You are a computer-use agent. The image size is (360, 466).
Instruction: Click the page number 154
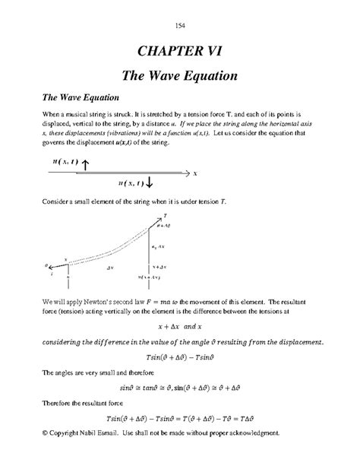click(180, 27)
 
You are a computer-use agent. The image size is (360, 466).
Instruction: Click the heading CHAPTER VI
click(180, 52)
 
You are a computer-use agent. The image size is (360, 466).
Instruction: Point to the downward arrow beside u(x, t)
click(149, 182)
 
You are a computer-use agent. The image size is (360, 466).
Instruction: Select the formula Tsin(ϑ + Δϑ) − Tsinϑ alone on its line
click(180, 356)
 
